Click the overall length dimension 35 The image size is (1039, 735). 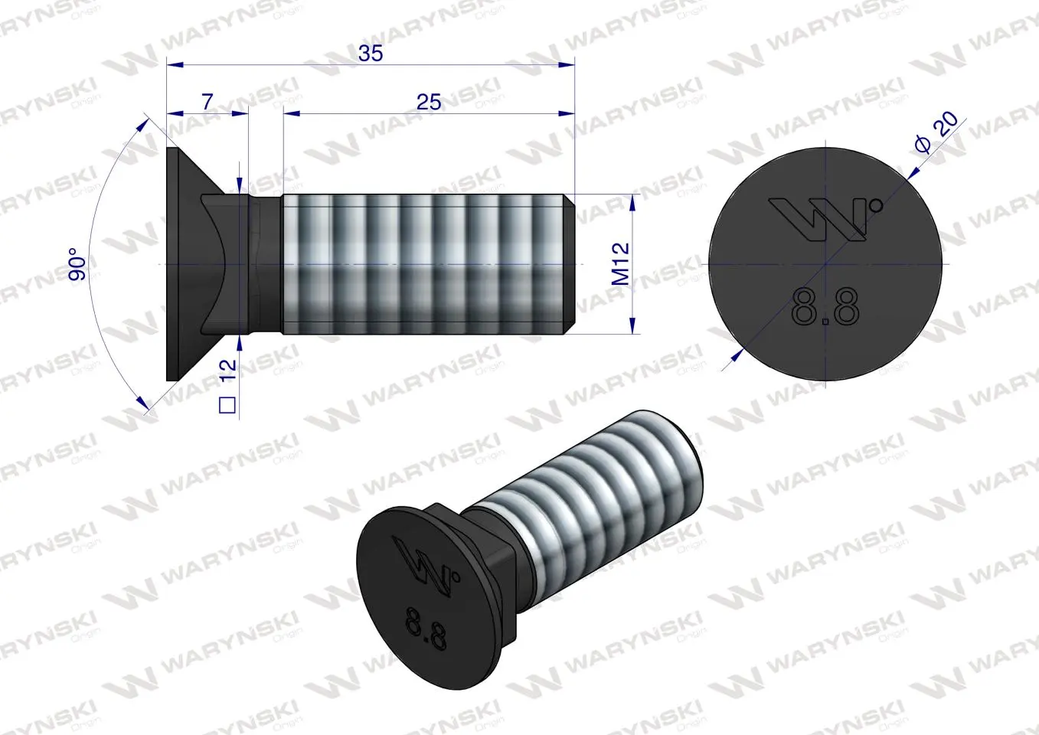pyautogui.click(x=371, y=54)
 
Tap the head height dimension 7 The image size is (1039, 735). pyautogui.click(x=207, y=102)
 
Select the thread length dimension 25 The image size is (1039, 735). pyautogui.click(x=429, y=102)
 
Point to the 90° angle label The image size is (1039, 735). pyautogui.click(x=77, y=264)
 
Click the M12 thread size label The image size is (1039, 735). pyautogui.click(x=621, y=263)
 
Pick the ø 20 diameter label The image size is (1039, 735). pyautogui.click(x=937, y=132)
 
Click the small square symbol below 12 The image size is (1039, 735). pyautogui.click(x=227, y=405)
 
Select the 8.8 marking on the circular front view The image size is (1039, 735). pyautogui.click(x=825, y=306)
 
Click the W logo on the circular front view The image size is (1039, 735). pyautogui.click(x=817, y=219)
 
